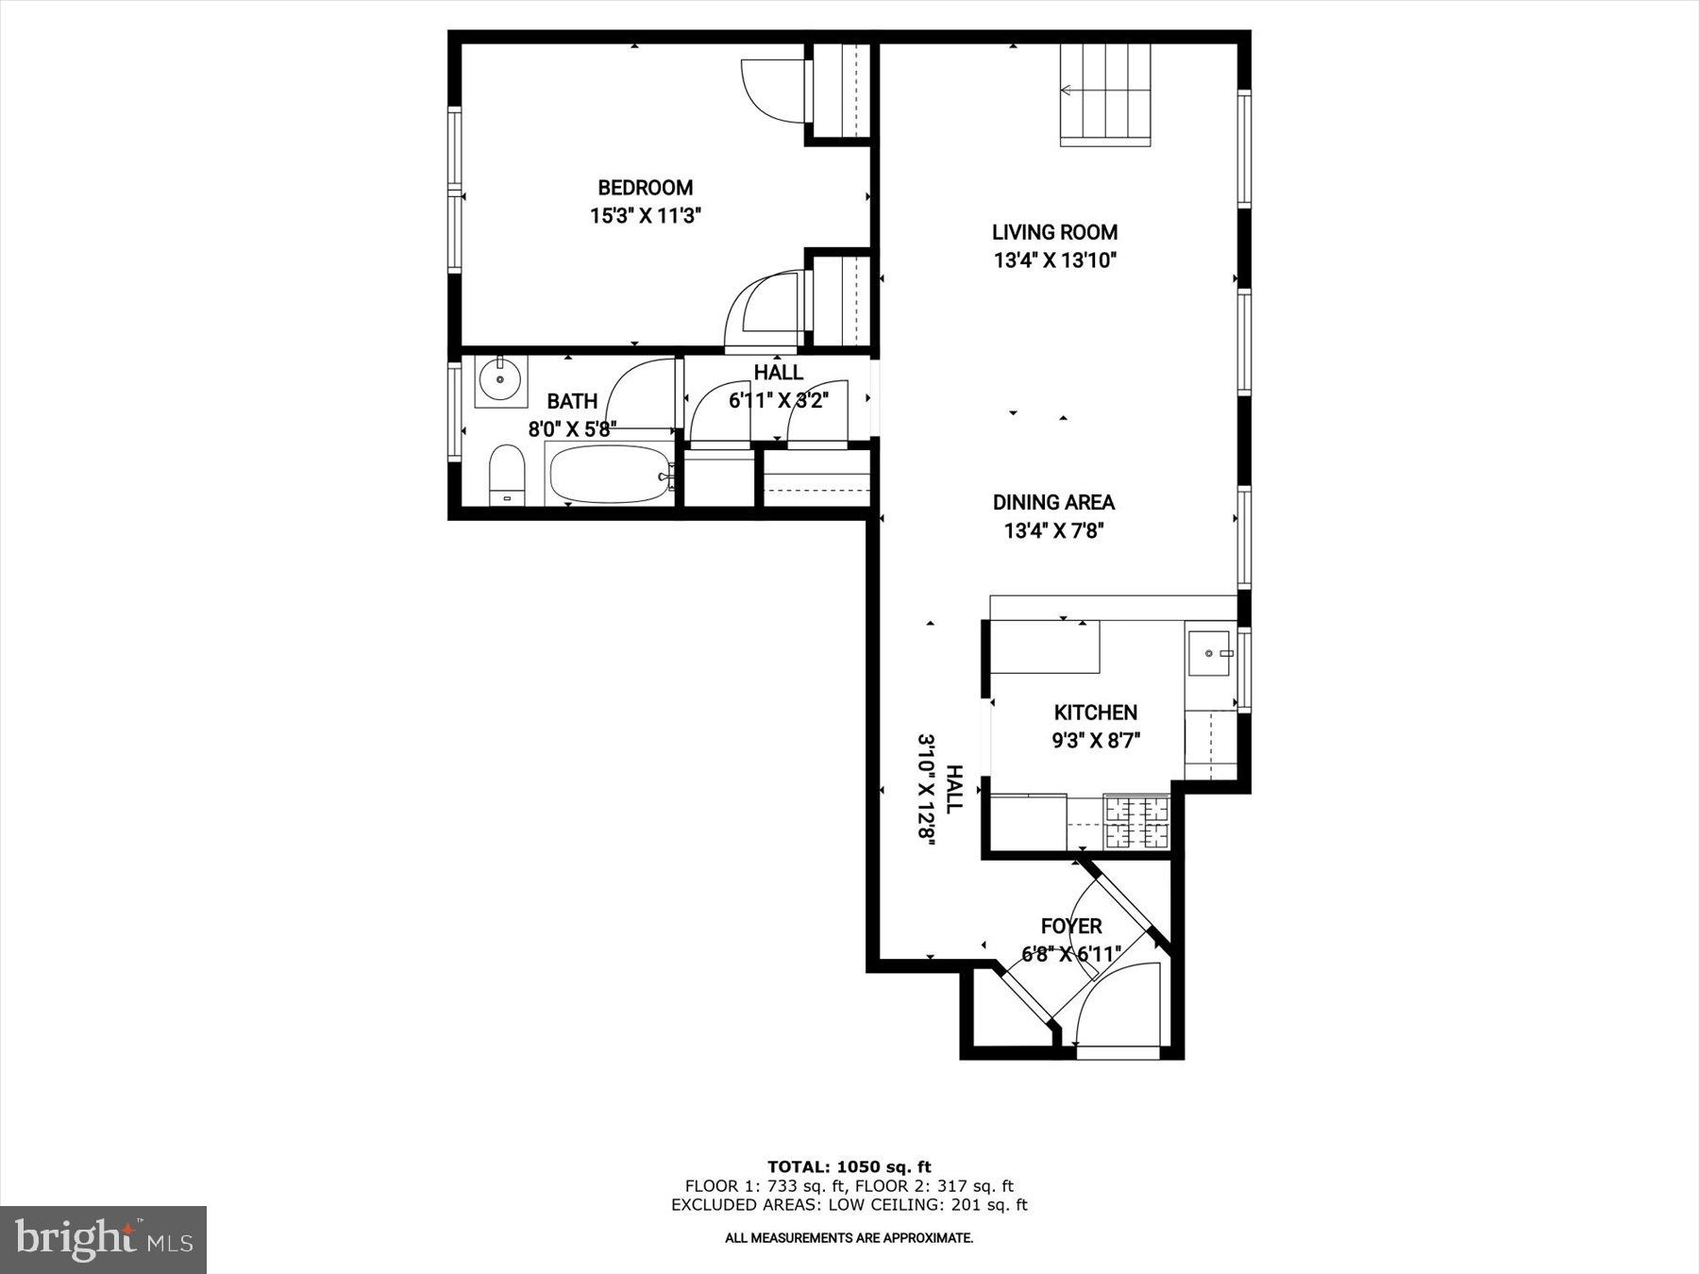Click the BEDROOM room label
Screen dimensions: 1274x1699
[x=645, y=188]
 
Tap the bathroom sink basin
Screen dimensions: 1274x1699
[x=499, y=380]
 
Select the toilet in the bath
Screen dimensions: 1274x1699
[x=507, y=477]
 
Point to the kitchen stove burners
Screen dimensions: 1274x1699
[x=1136, y=822]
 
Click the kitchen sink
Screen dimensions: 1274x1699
[x=1209, y=651]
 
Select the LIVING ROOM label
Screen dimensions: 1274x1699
[x=1054, y=232]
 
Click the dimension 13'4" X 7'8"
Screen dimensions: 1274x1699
[x=1053, y=531]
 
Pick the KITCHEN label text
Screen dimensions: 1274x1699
[x=1095, y=712]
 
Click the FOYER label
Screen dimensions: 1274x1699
[x=1070, y=926]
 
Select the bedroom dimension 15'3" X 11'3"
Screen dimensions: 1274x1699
[x=645, y=216]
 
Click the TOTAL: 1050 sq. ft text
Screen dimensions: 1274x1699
[x=849, y=1167]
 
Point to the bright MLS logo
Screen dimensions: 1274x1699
[x=103, y=1239]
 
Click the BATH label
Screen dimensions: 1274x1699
[x=572, y=401]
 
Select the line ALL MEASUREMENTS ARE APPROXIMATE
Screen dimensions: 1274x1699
[x=849, y=1238]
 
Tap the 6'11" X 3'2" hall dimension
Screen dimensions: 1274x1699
[x=778, y=401]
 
